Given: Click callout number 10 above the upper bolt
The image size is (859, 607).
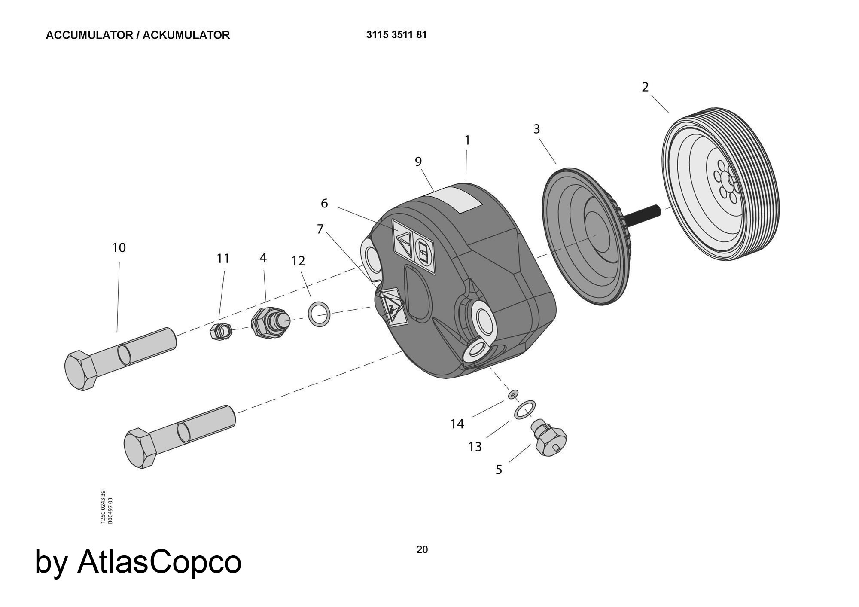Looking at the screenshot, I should pos(119,248).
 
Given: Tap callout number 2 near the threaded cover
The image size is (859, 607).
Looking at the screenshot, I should pos(645,87).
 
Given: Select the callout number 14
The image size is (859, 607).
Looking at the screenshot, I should pos(457,424).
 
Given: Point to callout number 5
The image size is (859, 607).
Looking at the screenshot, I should pos(499,470).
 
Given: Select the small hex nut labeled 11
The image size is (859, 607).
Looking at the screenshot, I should pos(221,331).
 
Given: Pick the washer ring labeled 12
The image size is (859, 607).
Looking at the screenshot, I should pos(320,314).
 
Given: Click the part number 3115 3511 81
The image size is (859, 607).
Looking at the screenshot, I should pos(396,35).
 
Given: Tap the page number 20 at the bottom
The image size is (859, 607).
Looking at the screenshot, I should pos(422,549).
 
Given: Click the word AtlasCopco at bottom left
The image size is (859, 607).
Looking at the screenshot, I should pos(159,561).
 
